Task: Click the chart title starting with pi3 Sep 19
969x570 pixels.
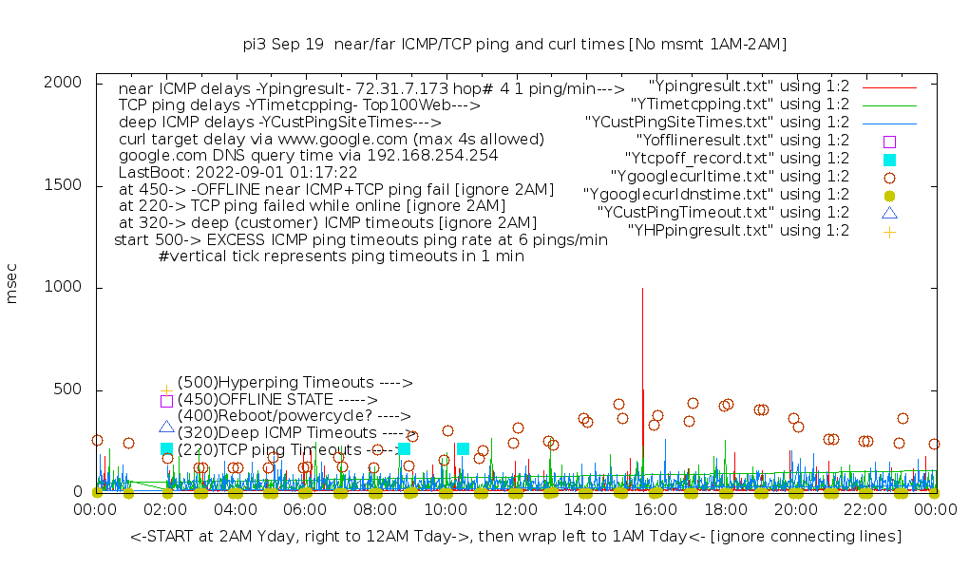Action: tap(515, 44)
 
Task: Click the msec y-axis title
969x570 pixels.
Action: tap(12, 286)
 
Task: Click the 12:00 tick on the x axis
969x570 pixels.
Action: tap(515, 510)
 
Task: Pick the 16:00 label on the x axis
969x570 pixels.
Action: tap(655, 510)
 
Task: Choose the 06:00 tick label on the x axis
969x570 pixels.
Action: tap(305, 510)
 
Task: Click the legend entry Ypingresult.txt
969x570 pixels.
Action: tap(749, 85)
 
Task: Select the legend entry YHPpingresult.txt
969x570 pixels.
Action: tap(738, 230)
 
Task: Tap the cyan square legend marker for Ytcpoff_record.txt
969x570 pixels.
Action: tap(889, 159)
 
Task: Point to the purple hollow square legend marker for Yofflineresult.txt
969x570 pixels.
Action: tap(889, 141)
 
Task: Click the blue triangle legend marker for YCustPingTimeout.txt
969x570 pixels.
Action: tap(889, 213)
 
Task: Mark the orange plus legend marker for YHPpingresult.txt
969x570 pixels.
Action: tap(889, 231)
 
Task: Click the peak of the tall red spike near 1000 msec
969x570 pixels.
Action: tap(643, 289)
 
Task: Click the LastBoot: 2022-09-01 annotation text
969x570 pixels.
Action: tap(237, 172)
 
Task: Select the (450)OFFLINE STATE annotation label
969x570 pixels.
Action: tap(277, 400)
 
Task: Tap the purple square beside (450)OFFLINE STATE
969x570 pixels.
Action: tap(166, 401)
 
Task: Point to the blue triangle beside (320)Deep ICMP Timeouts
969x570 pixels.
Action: tap(166, 427)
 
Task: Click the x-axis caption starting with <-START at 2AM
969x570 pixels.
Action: tap(515, 537)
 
